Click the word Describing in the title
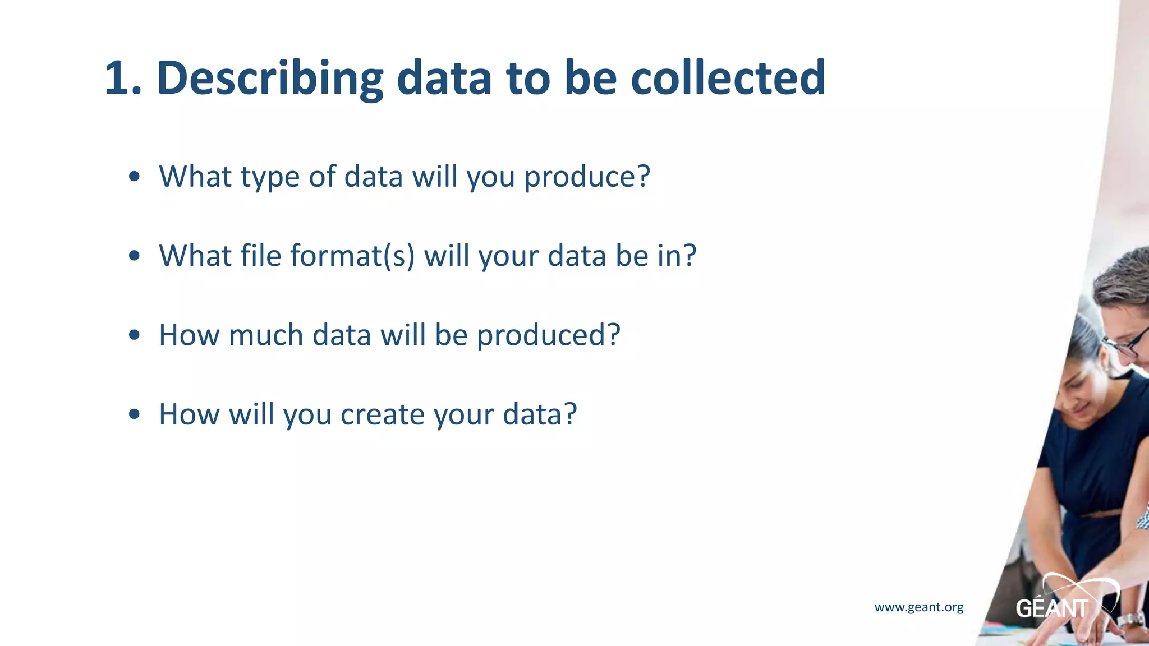coord(269,79)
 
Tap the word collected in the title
coord(728,79)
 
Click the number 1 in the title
coord(119,79)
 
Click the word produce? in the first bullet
coord(587,177)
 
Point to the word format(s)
coord(352,256)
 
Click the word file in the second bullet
coord(261,256)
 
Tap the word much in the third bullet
coord(265,335)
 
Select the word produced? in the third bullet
coord(548,335)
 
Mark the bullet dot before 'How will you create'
coord(134,415)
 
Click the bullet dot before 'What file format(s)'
coord(134,256)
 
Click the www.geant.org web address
coord(919,607)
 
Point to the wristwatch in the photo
coord(1130,620)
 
